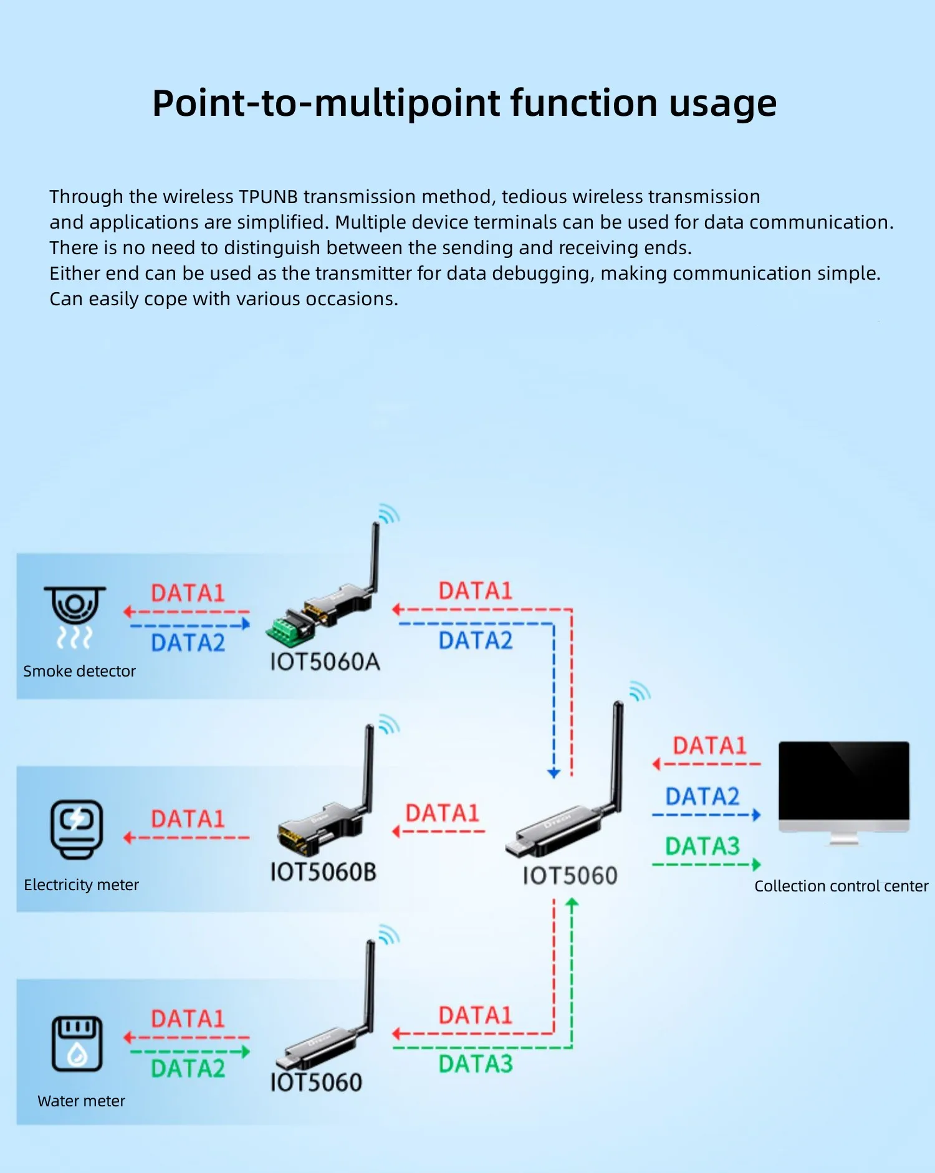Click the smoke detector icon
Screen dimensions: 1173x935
click(x=75, y=615)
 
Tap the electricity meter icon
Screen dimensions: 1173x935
click(x=76, y=829)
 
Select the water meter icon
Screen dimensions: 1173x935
click(x=77, y=1043)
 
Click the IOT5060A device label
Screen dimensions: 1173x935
click(x=325, y=662)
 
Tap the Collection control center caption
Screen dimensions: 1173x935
click(x=841, y=886)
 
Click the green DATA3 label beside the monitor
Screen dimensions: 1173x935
click(x=702, y=847)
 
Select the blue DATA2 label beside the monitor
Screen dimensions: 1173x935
click(x=702, y=797)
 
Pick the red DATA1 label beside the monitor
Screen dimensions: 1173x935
click(x=709, y=746)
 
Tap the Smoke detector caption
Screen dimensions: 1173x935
click(x=79, y=671)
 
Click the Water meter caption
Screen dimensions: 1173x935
click(x=81, y=1101)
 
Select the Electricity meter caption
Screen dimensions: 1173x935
click(x=81, y=885)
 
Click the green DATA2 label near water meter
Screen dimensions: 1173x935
click(x=188, y=1069)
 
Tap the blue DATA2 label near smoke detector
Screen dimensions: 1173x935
click(x=188, y=643)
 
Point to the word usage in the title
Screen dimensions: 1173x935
click(x=722, y=104)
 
